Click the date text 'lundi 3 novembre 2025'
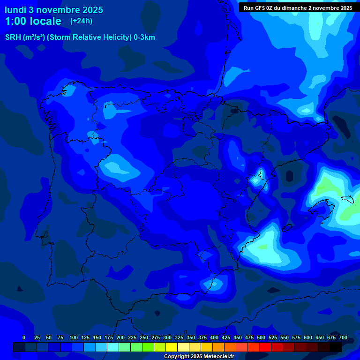coord(53,10)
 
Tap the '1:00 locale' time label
coord(33,21)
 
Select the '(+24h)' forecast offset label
coord(82,21)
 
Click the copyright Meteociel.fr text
coord(198,356)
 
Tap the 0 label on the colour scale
coord(24,337)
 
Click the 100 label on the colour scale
coord(74,337)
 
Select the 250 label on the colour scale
coord(144,337)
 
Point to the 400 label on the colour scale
coord(214,337)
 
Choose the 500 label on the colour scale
coord(261,337)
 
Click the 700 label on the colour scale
coord(343,337)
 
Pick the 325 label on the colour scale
coord(179,337)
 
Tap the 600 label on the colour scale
coord(308,337)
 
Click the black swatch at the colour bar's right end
coord(336,347)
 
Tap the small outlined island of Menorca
coord(347,199)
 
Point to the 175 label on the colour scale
coord(109,337)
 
